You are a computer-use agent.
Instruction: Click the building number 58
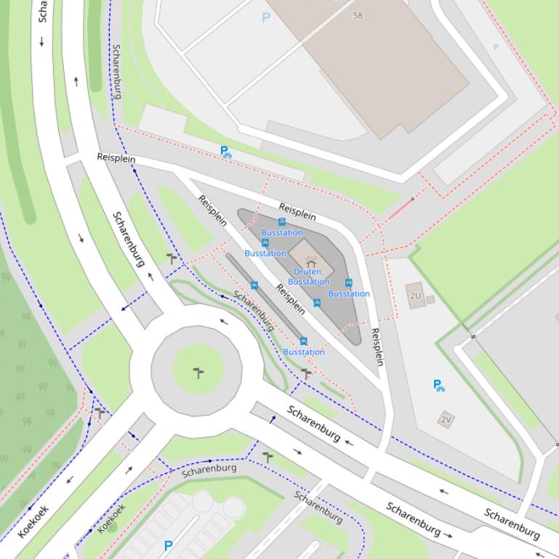pyautogui.click(x=358, y=15)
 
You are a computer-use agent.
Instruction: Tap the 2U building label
pyautogui.click(x=415, y=295)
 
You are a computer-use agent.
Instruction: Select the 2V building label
pyautogui.click(x=446, y=419)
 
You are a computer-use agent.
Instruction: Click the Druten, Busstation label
pyautogui.click(x=308, y=277)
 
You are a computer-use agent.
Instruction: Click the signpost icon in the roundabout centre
pyautogui.click(x=198, y=373)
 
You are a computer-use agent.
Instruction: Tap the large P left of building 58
pyautogui.click(x=266, y=17)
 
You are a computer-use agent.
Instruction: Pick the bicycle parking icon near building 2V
pyautogui.click(x=438, y=385)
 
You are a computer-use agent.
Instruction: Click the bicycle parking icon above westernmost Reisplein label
pyautogui.click(x=226, y=152)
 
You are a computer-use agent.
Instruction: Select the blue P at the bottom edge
pyautogui.click(x=169, y=545)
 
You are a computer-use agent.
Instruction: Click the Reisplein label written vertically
pyautogui.click(x=377, y=347)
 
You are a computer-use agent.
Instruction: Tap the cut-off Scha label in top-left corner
pyautogui.click(x=42, y=11)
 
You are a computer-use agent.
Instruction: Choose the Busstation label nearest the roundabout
pyautogui.click(x=304, y=352)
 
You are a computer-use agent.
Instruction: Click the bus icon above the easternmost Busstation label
pyautogui.click(x=348, y=283)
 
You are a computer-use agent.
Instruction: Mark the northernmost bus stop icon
pyautogui.click(x=282, y=222)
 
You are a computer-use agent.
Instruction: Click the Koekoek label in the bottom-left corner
pyautogui.click(x=33, y=521)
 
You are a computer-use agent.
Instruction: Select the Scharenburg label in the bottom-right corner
pyautogui.click(x=512, y=524)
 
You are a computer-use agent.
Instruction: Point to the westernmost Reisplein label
pyautogui.click(x=116, y=158)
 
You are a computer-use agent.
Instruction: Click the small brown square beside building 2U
pyautogui.click(x=430, y=299)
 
